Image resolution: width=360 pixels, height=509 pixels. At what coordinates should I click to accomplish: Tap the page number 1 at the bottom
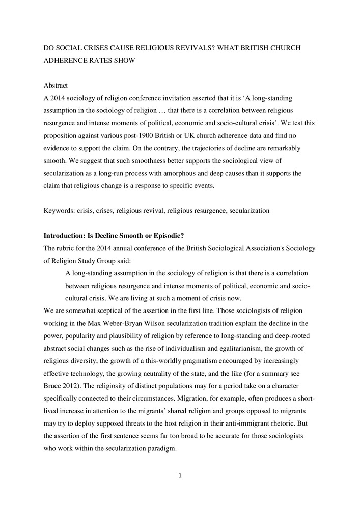coord(180,476)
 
